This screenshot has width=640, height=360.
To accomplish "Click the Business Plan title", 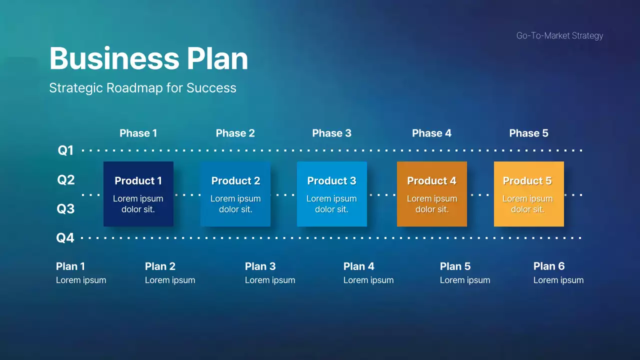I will click(x=148, y=58).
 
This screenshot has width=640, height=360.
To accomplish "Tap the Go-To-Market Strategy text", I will click(x=559, y=35).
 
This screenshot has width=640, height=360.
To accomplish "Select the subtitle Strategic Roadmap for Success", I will click(x=142, y=88).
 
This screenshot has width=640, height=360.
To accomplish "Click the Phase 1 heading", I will click(x=138, y=133).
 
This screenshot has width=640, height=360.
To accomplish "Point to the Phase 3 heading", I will click(x=331, y=133).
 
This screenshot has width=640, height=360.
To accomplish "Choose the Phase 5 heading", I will click(x=528, y=133).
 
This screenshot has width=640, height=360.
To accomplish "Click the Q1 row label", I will click(x=65, y=150).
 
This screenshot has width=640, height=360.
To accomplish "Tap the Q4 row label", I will click(x=65, y=237).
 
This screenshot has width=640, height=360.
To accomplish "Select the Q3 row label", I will click(x=65, y=208).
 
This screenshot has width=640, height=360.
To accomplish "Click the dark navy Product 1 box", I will click(x=138, y=194).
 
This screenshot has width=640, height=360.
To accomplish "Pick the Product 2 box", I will click(x=235, y=194).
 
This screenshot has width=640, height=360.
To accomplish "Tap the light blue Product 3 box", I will click(x=332, y=194).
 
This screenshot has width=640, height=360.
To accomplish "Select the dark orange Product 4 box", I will click(x=432, y=194).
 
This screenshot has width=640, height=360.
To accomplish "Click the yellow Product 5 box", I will click(x=528, y=194).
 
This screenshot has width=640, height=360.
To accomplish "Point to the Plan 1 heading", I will click(x=70, y=266).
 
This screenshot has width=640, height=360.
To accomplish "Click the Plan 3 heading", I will click(x=260, y=266).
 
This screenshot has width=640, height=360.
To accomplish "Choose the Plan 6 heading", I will click(x=549, y=266).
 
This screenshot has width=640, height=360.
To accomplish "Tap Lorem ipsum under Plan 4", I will click(x=368, y=280).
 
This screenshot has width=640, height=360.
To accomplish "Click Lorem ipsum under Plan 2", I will click(x=170, y=280).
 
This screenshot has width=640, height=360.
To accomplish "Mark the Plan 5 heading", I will click(x=455, y=266).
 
